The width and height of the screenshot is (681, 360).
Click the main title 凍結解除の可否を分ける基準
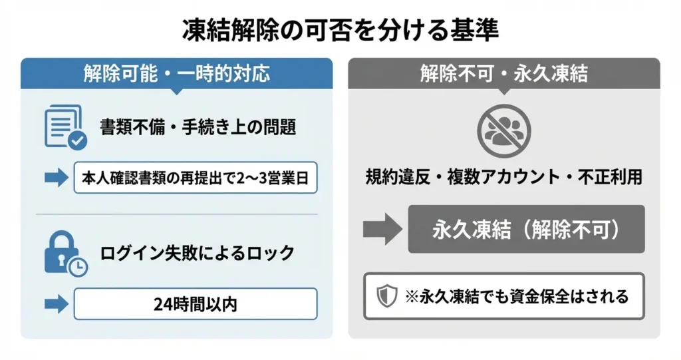point(340,30)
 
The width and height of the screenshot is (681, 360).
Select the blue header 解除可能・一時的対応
point(176,73)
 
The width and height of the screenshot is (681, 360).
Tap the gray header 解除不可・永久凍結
point(503,73)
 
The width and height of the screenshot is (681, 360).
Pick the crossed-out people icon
point(503,130)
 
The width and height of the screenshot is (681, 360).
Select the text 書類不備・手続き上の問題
point(198,127)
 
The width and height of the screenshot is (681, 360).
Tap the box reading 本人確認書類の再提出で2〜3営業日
point(196,178)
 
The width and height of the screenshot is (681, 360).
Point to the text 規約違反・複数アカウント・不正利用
point(503,177)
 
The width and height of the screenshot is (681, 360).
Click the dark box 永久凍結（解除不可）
point(526,229)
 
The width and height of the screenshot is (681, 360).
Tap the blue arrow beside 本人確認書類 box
point(57,178)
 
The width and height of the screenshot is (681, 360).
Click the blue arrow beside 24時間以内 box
point(57,304)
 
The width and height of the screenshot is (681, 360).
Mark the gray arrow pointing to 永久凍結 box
point(382,230)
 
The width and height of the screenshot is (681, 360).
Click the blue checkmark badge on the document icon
point(77,140)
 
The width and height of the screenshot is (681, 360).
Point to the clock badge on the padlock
point(78,267)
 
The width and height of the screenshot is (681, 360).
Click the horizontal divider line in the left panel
point(176,214)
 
